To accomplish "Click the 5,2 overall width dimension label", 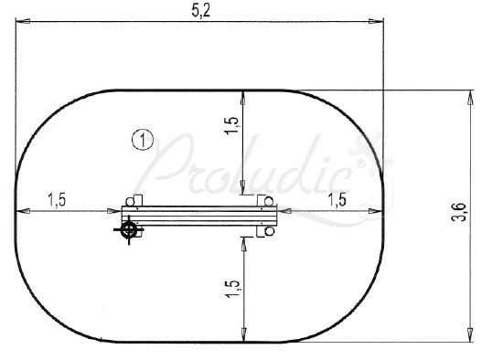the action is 201,11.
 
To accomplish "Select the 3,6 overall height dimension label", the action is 459,212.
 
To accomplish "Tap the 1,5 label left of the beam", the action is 57,200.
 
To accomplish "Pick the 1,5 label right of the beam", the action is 337,200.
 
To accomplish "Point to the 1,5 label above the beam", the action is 232,125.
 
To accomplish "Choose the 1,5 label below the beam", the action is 232,289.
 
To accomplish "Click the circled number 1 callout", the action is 143,140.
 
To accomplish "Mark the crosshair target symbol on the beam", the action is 129,229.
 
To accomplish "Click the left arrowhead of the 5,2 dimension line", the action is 23,21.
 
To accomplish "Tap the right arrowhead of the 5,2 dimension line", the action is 376,21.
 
